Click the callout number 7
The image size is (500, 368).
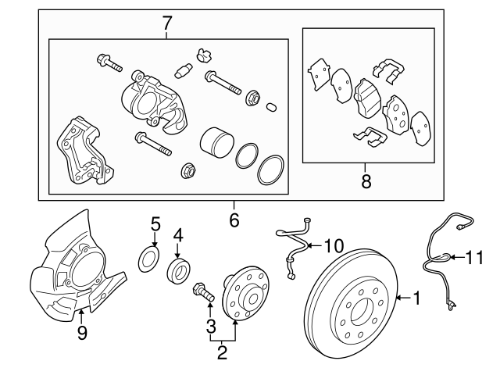point(166,23)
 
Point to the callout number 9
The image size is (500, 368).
point(81,334)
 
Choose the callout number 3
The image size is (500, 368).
point(210,324)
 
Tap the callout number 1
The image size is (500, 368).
point(416,297)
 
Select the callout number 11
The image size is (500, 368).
point(475,255)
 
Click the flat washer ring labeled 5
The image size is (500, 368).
point(148,260)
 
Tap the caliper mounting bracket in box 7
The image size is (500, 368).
point(80,152)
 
